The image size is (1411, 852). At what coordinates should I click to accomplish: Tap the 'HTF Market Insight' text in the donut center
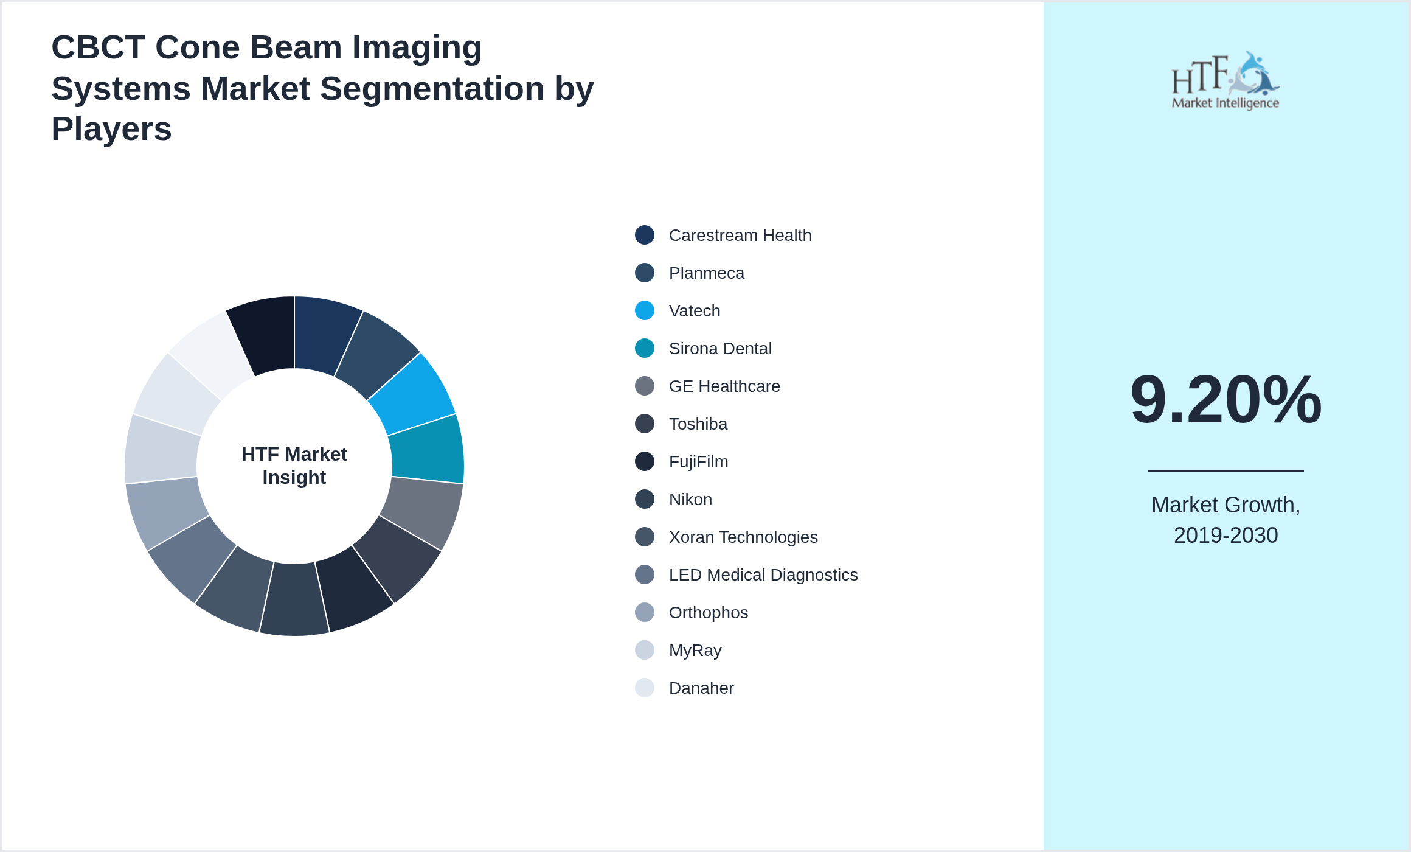tap(294, 466)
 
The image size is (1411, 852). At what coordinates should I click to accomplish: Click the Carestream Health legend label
tap(740, 236)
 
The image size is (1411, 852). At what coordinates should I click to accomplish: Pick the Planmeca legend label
tap(706, 273)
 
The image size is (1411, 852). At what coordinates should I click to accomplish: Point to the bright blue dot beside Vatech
tap(645, 310)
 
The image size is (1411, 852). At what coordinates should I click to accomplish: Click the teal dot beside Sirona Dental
tap(645, 348)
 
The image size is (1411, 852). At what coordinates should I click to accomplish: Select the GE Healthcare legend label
tap(724, 386)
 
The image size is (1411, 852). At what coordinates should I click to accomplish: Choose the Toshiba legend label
tap(698, 424)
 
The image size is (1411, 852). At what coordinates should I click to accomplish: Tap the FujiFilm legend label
tap(698, 462)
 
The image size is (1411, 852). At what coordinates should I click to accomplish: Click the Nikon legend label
tap(690, 500)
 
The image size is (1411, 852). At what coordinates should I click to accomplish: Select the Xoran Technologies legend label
tap(743, 537)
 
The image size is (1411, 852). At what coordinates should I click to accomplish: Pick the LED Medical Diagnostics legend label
tap(763, 575)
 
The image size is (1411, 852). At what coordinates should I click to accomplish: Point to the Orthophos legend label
tap(708, 613)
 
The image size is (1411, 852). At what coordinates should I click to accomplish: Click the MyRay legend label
tap(695, 651)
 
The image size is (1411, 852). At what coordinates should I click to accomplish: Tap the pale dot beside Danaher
tap(645, 688)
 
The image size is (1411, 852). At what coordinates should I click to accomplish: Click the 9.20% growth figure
tap(1226, 400)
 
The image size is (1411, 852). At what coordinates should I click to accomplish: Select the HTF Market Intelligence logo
tap(1226, 81)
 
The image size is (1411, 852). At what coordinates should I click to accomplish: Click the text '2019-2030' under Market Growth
tap(1226, 536)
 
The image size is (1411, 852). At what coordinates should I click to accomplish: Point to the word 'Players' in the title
tap(111, 129)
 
